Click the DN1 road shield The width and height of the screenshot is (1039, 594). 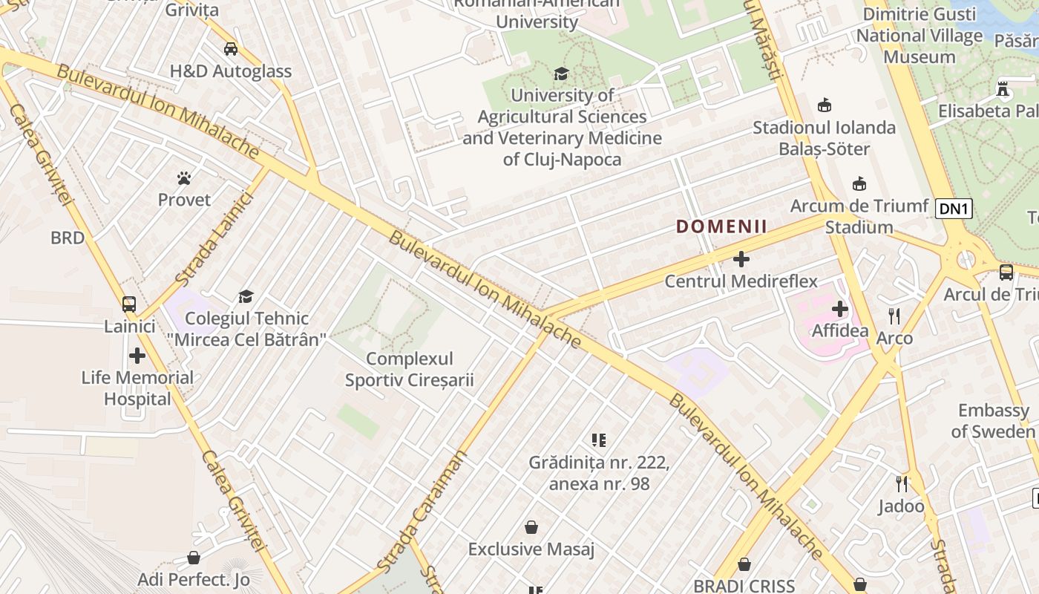point(954,209)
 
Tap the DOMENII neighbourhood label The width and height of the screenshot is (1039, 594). point(721,226)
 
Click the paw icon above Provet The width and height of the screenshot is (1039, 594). point(184,178)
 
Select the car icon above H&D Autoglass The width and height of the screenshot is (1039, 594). point(231,49)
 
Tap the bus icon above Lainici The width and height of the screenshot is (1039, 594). point(129,304)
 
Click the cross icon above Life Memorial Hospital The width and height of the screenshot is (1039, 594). point(137,356)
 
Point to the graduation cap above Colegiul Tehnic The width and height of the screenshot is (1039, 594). point(246,297)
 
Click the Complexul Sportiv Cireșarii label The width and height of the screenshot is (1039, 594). point(409,370)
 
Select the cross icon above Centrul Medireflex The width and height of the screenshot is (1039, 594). point(741,259)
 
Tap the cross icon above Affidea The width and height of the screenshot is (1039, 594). point(840,308)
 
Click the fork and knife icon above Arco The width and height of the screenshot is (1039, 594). point(894,316)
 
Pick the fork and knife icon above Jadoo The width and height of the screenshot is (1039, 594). point(902,484)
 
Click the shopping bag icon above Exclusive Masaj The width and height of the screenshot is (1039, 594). point(531,527)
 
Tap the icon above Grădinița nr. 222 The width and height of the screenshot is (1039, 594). point(599,440)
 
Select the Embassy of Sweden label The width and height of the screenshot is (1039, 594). point(993,421)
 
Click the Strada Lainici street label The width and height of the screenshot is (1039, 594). point(214,238)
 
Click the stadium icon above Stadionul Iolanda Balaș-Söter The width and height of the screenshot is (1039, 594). point(824,105)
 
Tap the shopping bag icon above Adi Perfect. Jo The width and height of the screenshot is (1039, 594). point(194,558)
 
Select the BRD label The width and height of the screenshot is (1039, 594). point(68,238)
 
